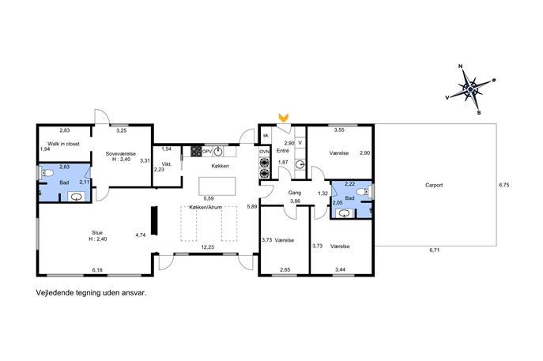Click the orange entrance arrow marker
(284, 118)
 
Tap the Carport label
(434, 185)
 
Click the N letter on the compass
(461, 66)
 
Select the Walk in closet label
(63, 144)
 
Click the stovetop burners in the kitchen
(196, 152)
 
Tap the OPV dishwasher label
(207, 152)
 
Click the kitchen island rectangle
(217, 186)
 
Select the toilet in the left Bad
(47, 173)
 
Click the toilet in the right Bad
(362, 191)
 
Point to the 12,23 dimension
(208, 247)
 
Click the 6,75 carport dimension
(503, 185)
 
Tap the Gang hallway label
(295, 193)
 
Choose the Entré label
(283, 151)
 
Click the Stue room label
(97, 232)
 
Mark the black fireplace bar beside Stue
(155, 221)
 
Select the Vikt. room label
(167, 164)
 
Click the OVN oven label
(265, 152)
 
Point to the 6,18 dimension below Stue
(97, 270)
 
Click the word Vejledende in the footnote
(55, 293)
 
